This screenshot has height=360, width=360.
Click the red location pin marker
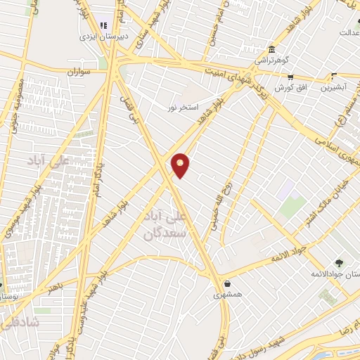click(x=181, y=165)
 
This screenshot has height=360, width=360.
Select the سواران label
click(x=81, y=72)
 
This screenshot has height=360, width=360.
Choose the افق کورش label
click(x=283, y=87)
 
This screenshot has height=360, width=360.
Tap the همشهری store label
click(x=228, y=295)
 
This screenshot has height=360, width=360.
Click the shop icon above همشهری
click(x=227, y=284)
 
